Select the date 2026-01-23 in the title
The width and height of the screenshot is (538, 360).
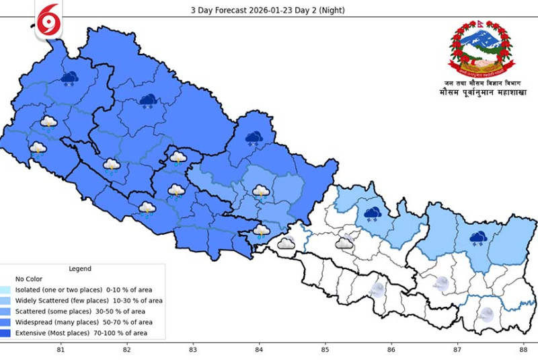[x=272, y=10]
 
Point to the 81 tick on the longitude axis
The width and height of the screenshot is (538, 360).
[x=61, y=350]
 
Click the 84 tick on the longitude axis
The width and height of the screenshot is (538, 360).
[x=259, y=350]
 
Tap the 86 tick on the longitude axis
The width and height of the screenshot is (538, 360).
[x=391, y=350]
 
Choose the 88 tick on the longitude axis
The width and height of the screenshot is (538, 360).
[x=523, y=350]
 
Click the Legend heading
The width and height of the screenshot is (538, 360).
[x=80, y=268]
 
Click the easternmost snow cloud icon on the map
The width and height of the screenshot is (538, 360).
[x=479, y=238]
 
